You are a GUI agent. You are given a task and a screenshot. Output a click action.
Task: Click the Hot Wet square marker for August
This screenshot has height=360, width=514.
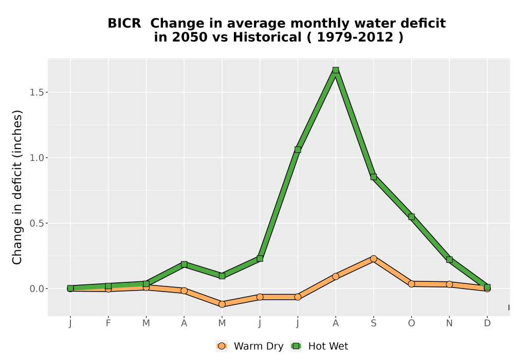coord(335,70)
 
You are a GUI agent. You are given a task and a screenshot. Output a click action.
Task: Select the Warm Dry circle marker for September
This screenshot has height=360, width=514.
coord(373,259)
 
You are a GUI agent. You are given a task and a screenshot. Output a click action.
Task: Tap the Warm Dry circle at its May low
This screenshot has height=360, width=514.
coord(222,304)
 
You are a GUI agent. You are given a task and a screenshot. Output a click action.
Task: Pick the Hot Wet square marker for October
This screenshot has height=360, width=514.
coord(411,217)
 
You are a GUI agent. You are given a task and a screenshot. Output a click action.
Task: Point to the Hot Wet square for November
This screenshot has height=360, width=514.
coord(449,260)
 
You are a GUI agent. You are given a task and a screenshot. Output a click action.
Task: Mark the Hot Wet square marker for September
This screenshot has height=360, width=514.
coord(373,177)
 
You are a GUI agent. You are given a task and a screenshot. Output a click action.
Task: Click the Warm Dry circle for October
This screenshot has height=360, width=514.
coord(411,284)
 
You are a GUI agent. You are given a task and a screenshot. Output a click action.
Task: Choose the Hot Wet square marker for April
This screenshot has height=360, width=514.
coord(184,264)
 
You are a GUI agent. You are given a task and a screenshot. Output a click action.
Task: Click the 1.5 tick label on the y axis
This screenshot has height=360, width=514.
coord(36,93)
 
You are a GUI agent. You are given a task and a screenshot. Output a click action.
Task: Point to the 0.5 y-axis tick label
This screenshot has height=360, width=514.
coord(36,223)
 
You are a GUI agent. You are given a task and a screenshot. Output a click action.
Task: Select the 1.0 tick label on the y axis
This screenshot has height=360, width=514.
coord(36,158)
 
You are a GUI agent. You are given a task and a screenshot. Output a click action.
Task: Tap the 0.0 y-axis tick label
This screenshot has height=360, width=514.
coord(36,289)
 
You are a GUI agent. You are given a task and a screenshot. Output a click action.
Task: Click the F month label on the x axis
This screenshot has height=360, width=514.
coord(108,323)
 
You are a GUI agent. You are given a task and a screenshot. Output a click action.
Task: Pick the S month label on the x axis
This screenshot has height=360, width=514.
coord(373,323)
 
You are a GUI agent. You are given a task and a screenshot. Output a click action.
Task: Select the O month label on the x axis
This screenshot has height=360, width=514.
coord(411,323)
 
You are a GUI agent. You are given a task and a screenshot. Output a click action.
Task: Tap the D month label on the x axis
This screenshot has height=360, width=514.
coord(487,323)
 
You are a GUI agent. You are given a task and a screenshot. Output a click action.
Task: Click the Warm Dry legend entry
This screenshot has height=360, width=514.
coord(249,346)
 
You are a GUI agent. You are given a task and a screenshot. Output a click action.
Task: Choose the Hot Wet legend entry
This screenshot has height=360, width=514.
coord(319,346)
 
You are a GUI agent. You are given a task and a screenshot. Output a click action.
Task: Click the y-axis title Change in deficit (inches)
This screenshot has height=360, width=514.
coord(17,187)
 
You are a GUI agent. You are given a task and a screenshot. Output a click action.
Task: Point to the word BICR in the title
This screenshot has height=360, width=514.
coord(124,23)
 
